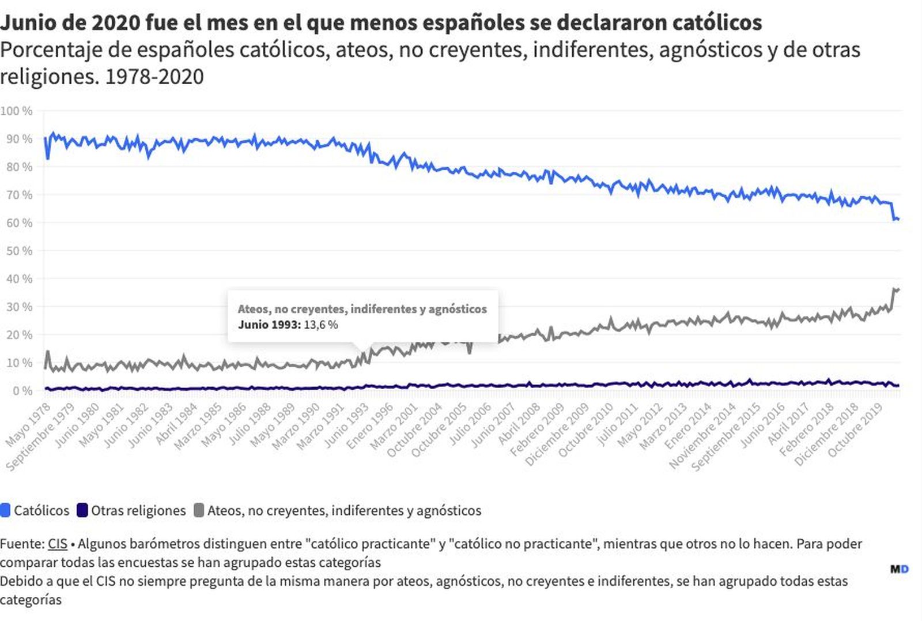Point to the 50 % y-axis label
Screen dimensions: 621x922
pyautogui.click(x=19, y=251)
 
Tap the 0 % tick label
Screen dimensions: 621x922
pyautogui.click(x=22, y=391)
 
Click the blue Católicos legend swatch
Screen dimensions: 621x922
pyautogui.click(x=5, y=510)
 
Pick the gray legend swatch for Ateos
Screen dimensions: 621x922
pyautogui.click(x=199, y=510)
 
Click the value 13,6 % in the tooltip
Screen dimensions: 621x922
pyautogui.click(x=321, y=325)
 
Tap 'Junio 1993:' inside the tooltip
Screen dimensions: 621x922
pyautogui.click(x=269, y=325)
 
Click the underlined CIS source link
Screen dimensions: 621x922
pyautogui.click(x=58, y=544)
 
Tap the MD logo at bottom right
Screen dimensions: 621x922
pyautogui.click(x=900, y=569)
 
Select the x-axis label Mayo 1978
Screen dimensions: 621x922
pyautogui.click(x=28, y=426)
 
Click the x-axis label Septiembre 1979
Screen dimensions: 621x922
pyautogui.click(x=40, y=438)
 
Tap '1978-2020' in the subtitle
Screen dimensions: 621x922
pyautogui.click(x=154, y=77)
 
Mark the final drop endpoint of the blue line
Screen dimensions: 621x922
pyautogui.click(x=898, y=219)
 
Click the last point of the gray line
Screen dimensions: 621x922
pyautogui.click(x=898, y=289)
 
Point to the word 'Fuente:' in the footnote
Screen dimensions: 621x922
pyautogui.click(x=22, y=544)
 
